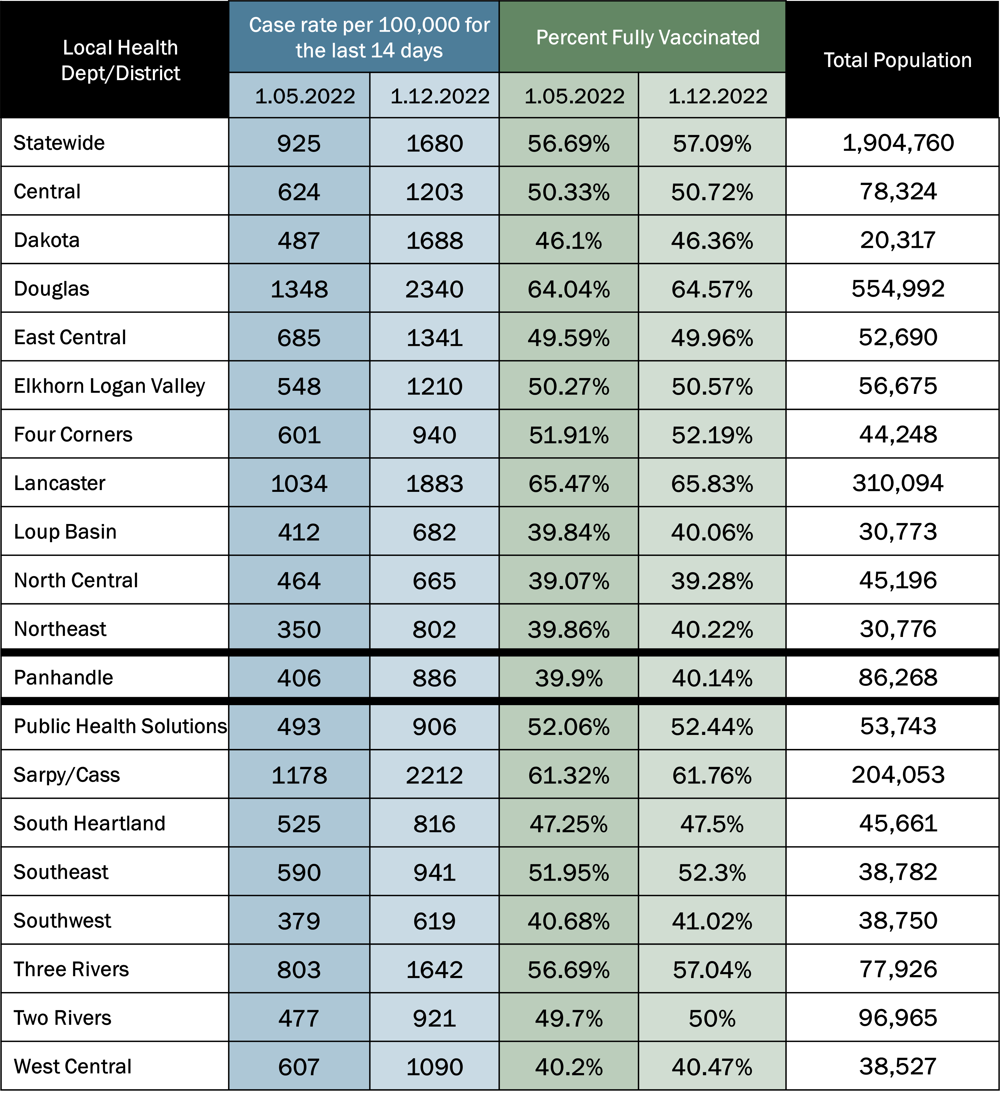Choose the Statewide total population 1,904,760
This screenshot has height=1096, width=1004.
(898, 143)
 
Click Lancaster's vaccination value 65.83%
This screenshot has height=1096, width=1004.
(712, 483)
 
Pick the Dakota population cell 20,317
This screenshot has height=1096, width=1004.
(898, 240)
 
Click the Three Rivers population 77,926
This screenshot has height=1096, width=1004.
(898, 969)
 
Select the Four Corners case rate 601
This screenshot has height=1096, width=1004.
(299, 435)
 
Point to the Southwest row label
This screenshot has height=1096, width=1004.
(63, 921)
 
